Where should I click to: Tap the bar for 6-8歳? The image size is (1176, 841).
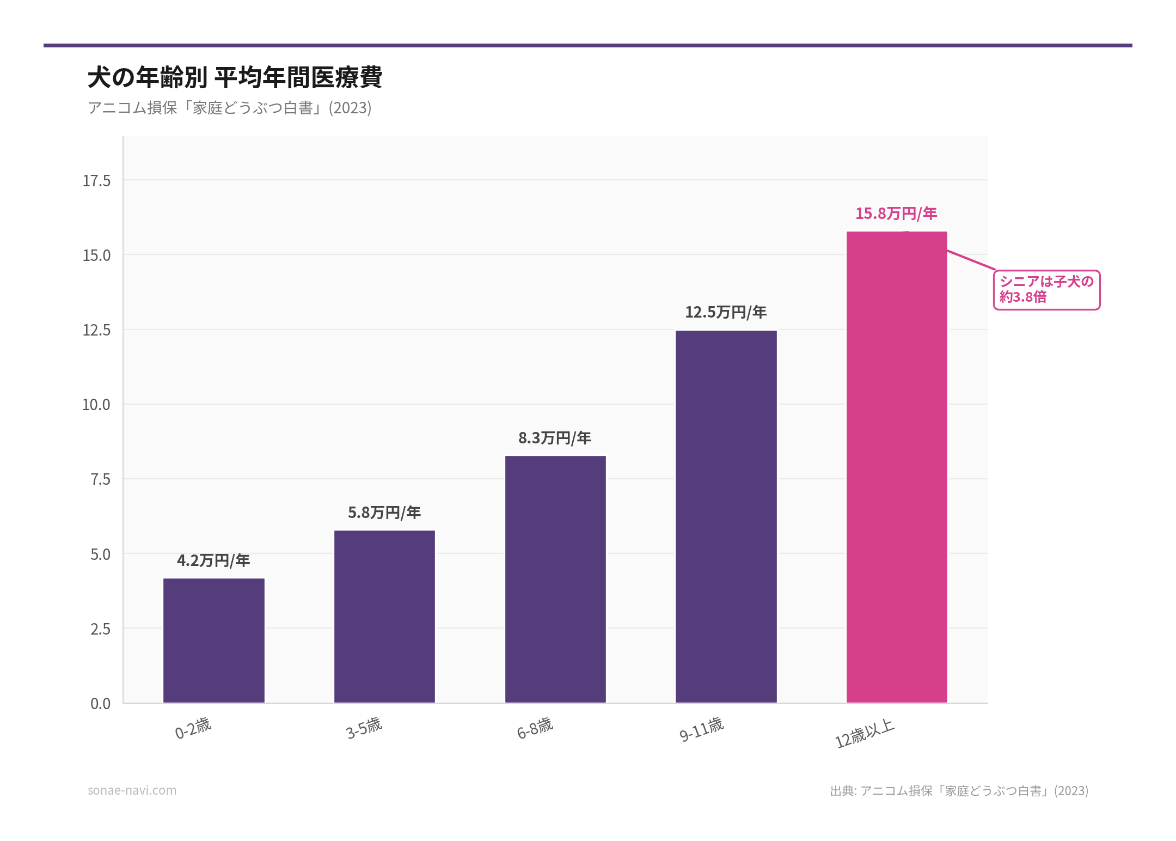[x=555, y=579]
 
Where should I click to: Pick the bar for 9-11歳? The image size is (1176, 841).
[x=726, y=516]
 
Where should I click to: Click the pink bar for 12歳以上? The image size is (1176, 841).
[x=897, y=467]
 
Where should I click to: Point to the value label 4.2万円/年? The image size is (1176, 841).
[x=213, y=560]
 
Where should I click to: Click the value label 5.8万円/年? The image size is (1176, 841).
[x=384, y=513]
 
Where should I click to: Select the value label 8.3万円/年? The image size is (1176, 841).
[x=555, y=438]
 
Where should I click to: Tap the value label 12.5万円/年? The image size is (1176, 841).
[x=726, y=312]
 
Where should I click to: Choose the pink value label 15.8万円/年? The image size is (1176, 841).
[x=896, y=214]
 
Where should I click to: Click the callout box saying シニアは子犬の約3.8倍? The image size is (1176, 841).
[x=1046, y=290]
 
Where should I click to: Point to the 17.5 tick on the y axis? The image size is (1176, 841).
[x=96, y=181]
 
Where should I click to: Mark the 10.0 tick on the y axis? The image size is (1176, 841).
[x=96, y=405]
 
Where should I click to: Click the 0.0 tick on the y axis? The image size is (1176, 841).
[x=100, y=704]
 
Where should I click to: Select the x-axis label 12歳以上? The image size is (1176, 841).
[x=865, y=733]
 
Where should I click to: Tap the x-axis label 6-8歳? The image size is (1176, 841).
[x=535, y=728]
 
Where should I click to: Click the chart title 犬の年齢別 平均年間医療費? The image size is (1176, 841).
[x=235, y=77]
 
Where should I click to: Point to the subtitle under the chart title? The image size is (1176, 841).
[x=229, y=108]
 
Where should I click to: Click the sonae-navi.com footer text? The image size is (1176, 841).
[x=132, y=790]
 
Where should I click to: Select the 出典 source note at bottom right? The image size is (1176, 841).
[x=959, y=791]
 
